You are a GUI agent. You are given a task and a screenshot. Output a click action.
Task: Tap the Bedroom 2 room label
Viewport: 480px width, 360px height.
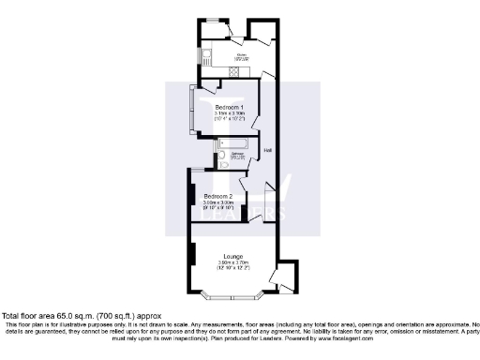(x=224, y=196)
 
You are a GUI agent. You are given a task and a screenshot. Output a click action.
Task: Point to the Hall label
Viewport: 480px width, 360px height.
(x=267, y=151)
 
